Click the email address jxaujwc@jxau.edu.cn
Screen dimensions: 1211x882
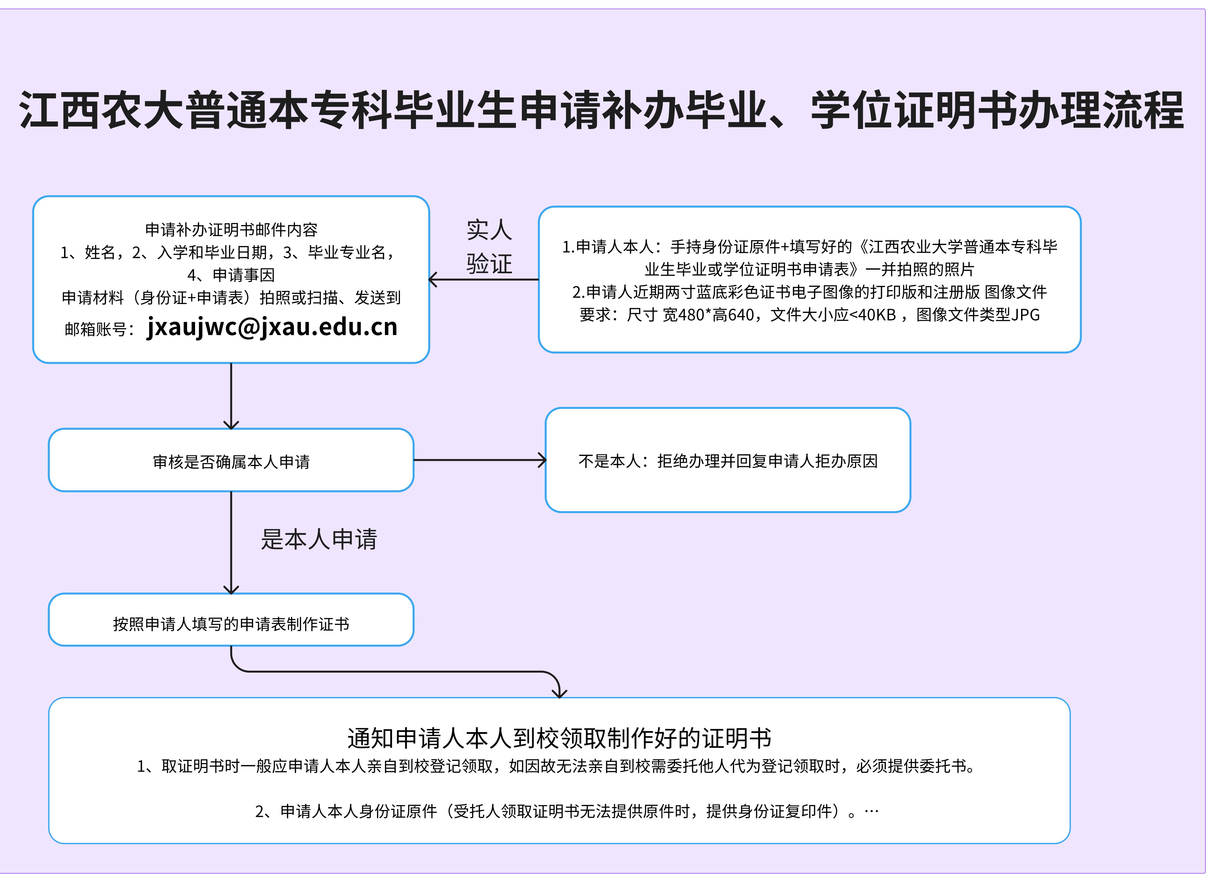click(x=272, y=327)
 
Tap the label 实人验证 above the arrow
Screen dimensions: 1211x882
click(x=489, y=247)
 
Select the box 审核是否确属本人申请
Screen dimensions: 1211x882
click(x=231, y=460)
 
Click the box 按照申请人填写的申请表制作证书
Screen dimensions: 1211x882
click(x=231, y=620)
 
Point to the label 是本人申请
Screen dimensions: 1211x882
click(x=319, y=539)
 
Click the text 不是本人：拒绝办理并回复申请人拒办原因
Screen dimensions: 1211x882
click(x=728, y=461)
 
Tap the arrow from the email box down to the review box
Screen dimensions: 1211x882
click(x=231, y=396)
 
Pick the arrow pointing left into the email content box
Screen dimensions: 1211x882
click(x=483, y=279)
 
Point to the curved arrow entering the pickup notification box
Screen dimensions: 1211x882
click(x=395, y=672)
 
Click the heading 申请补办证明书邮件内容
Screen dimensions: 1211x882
click(x=231, y=230)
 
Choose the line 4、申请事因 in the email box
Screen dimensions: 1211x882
click(x=231, y=275)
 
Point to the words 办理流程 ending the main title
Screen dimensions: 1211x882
click(x=1101, y=110)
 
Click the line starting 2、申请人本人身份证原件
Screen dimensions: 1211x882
click(x=567, y=812)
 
